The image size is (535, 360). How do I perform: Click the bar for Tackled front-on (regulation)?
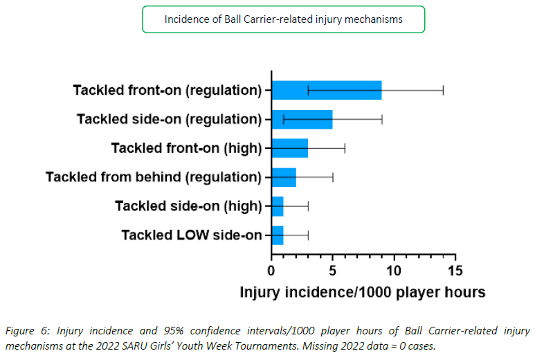click(x=326, y=90)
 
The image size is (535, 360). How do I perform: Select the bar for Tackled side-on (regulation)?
click(x=302, y=119)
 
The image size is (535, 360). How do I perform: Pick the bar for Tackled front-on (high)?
click(x=289, y=148)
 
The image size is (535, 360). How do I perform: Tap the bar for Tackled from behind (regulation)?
click(x=283, y=177)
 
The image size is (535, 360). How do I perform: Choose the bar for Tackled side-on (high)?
click(x=277, y=206)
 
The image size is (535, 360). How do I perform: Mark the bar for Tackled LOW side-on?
click(x=277, y=235)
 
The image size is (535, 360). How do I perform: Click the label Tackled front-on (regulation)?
click(x=167, y=90)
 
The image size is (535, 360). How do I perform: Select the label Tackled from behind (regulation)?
click(x=154, y=177)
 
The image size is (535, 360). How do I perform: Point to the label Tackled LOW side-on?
click(x=191, y=235)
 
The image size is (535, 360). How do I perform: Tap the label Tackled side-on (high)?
click(x=188, y=206)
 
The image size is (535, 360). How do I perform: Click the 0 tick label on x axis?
click(x=271, y=270)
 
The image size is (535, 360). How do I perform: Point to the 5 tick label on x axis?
click(x=332, y=270)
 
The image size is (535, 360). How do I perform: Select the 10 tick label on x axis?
click(x=394, y=270)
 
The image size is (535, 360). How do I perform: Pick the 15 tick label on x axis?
click(x=455, y=270)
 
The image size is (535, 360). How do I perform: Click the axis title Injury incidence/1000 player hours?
click(x=362, y=292)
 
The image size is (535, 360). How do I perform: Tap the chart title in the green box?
click(x=283, y=19)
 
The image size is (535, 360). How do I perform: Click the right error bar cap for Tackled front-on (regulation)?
click(x=443, y=90)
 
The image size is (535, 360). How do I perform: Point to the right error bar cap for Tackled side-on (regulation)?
click(x=381, y=119)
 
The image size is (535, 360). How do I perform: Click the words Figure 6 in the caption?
click(x=21, y=331)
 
